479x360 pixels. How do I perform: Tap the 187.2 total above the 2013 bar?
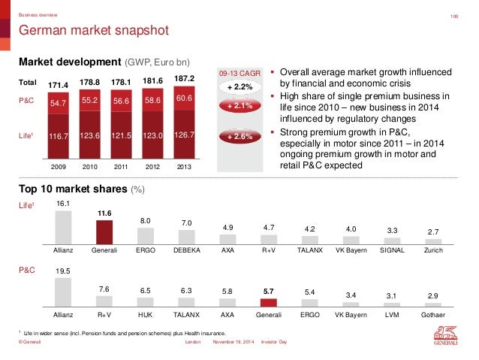click(x=185, y=78)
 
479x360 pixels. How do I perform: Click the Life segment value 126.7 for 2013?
click(x=185, y=136)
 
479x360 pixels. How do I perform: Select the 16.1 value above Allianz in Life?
click(x=64, y=204)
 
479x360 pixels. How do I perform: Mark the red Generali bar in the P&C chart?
click(x=270, y=304)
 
